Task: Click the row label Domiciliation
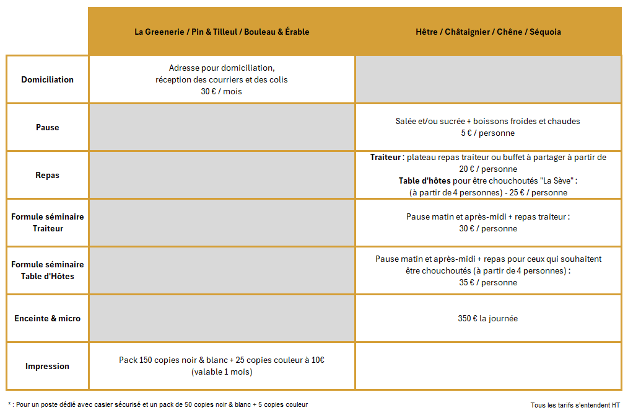point(47,79)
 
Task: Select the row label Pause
point(47,127)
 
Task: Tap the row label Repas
point(47,175)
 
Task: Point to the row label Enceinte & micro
point(47,318)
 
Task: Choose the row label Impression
point(47,366)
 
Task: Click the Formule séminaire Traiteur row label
point(47,223)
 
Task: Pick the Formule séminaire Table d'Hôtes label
point(47,270)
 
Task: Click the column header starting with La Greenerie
point(222,32)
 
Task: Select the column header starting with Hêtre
point(488,32)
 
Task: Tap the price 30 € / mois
point(222,91)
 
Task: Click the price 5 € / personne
point(488,133)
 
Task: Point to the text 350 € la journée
point(488,318)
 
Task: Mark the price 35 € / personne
point(488,282)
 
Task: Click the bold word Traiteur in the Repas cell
point(385,158)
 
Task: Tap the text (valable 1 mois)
point(222,372)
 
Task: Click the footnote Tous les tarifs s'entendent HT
point(575,404)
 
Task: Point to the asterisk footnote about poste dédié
point(158,404)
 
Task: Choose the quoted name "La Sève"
point(555,181)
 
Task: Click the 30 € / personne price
point(488,229)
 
